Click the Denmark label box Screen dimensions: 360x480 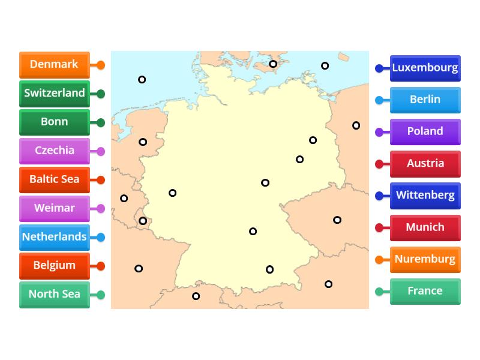coord(54,65)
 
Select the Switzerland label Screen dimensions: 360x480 coord(54,94)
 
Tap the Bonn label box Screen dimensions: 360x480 coord(54,122)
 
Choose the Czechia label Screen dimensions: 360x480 coord(54,151)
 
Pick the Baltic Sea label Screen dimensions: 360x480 coord(54,179)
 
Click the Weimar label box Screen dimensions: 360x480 coord(54,208)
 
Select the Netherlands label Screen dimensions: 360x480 coord(54,237)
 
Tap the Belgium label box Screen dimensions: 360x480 coord(54,265)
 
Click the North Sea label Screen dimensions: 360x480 coord(54,294)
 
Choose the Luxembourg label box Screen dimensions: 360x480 coord(425,68)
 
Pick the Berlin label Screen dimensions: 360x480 coord(425,100)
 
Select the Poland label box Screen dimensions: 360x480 coord(425,131)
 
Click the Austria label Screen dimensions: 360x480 coord(425,163)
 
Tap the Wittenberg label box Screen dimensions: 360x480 coord(425,196)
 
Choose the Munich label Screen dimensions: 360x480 coord(425,227)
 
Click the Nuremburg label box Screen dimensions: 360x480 coord(425,259)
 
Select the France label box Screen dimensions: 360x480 coord(425,291)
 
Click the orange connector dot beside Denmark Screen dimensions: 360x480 coord(101,65)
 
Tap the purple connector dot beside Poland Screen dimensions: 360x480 coord(379,132)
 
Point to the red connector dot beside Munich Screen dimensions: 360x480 coord(379,228)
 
